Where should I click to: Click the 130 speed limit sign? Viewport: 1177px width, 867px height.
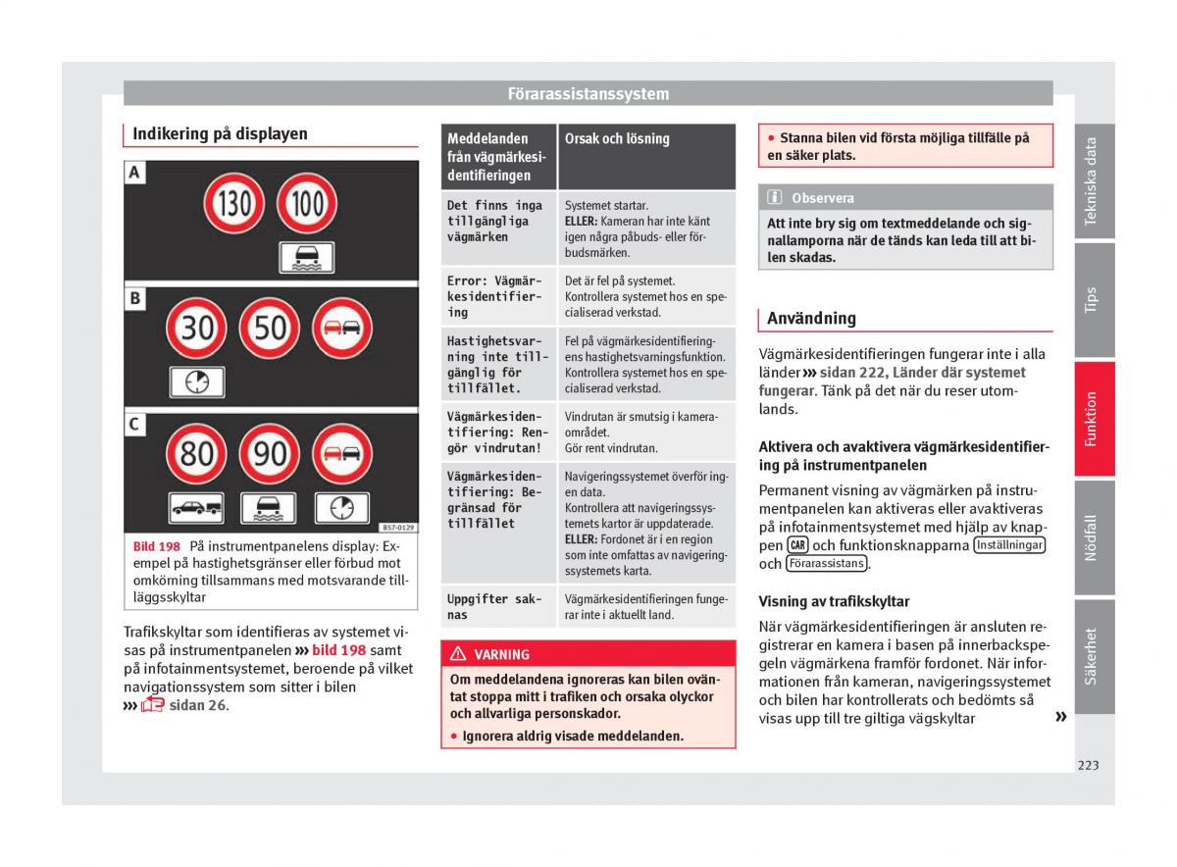232,206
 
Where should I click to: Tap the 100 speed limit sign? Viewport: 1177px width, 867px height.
307,206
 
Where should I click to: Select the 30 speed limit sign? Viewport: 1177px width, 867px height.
196,327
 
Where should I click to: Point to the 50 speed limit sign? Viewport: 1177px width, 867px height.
270,327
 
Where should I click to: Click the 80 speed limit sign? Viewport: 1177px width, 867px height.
196,453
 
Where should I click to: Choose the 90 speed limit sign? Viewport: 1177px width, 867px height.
270,453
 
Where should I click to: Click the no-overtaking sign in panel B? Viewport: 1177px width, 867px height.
342,327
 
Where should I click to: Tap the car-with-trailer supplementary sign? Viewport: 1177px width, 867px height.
196,507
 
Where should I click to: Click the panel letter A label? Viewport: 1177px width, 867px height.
134,174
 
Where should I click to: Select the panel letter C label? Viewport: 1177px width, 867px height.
134,424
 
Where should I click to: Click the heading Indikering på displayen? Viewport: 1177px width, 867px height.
220,134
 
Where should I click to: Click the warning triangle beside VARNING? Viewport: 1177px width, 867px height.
458,654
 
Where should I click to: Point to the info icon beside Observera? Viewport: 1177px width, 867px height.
775,197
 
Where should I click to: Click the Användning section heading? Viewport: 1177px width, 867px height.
811,318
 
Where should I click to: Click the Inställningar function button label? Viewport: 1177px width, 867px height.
1009,545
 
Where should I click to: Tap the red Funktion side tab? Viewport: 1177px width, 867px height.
1093,419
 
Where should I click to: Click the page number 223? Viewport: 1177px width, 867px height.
1087,765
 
